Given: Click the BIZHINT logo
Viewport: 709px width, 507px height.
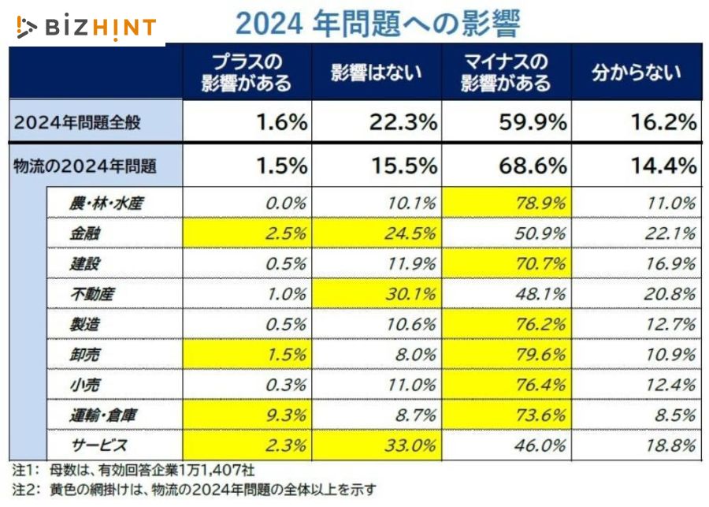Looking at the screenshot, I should tap(87, 27).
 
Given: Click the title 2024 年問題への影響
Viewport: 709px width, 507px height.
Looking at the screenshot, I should tap(378, 23).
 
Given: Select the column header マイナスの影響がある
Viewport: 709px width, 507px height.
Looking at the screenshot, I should tap(506, 73).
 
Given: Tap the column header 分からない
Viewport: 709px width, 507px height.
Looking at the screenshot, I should tap(637, 73).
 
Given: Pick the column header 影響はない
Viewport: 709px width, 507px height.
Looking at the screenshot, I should tap(377, 73).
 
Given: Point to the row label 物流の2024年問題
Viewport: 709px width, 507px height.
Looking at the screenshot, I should tap(84, 166).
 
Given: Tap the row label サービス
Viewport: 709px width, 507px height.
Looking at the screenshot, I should tap(100, 445).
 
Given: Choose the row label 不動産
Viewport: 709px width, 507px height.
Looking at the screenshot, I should tap(92, 294).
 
